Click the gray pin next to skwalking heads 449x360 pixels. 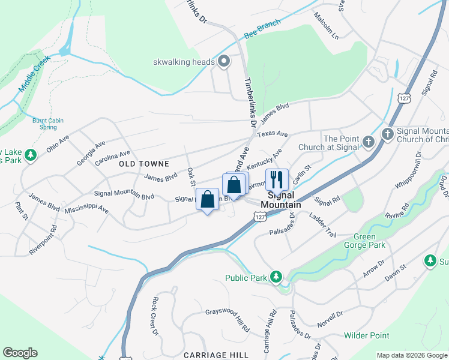click(224, 61)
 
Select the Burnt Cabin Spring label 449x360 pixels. click(48, 124)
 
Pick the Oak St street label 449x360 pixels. click(190, 176)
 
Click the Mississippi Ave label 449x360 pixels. click(86, 210)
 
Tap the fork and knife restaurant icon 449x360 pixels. click(276, 179)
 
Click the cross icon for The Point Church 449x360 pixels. click(369, 143)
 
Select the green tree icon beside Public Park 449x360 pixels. click(276, 277)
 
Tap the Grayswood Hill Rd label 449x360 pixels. click(228, 319)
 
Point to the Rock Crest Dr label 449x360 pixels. click(155, 316)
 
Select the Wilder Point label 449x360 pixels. click(367, 335)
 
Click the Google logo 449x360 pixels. click(20, 353)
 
